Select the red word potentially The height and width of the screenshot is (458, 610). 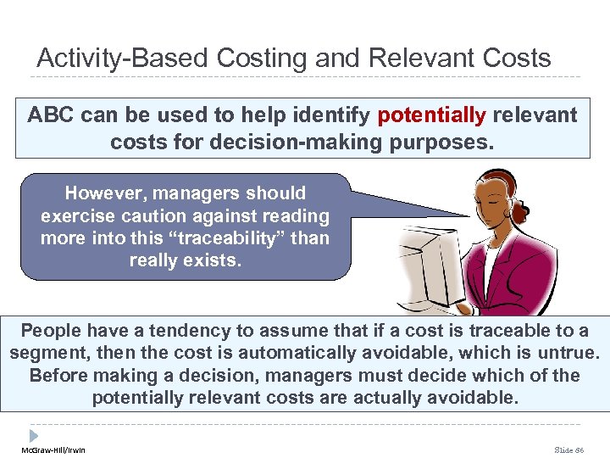tap(432, 115)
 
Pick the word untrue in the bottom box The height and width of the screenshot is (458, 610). tap(566, 353)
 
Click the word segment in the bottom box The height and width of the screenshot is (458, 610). tap(47, 353)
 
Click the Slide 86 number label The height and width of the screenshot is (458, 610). tap(569, 450)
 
